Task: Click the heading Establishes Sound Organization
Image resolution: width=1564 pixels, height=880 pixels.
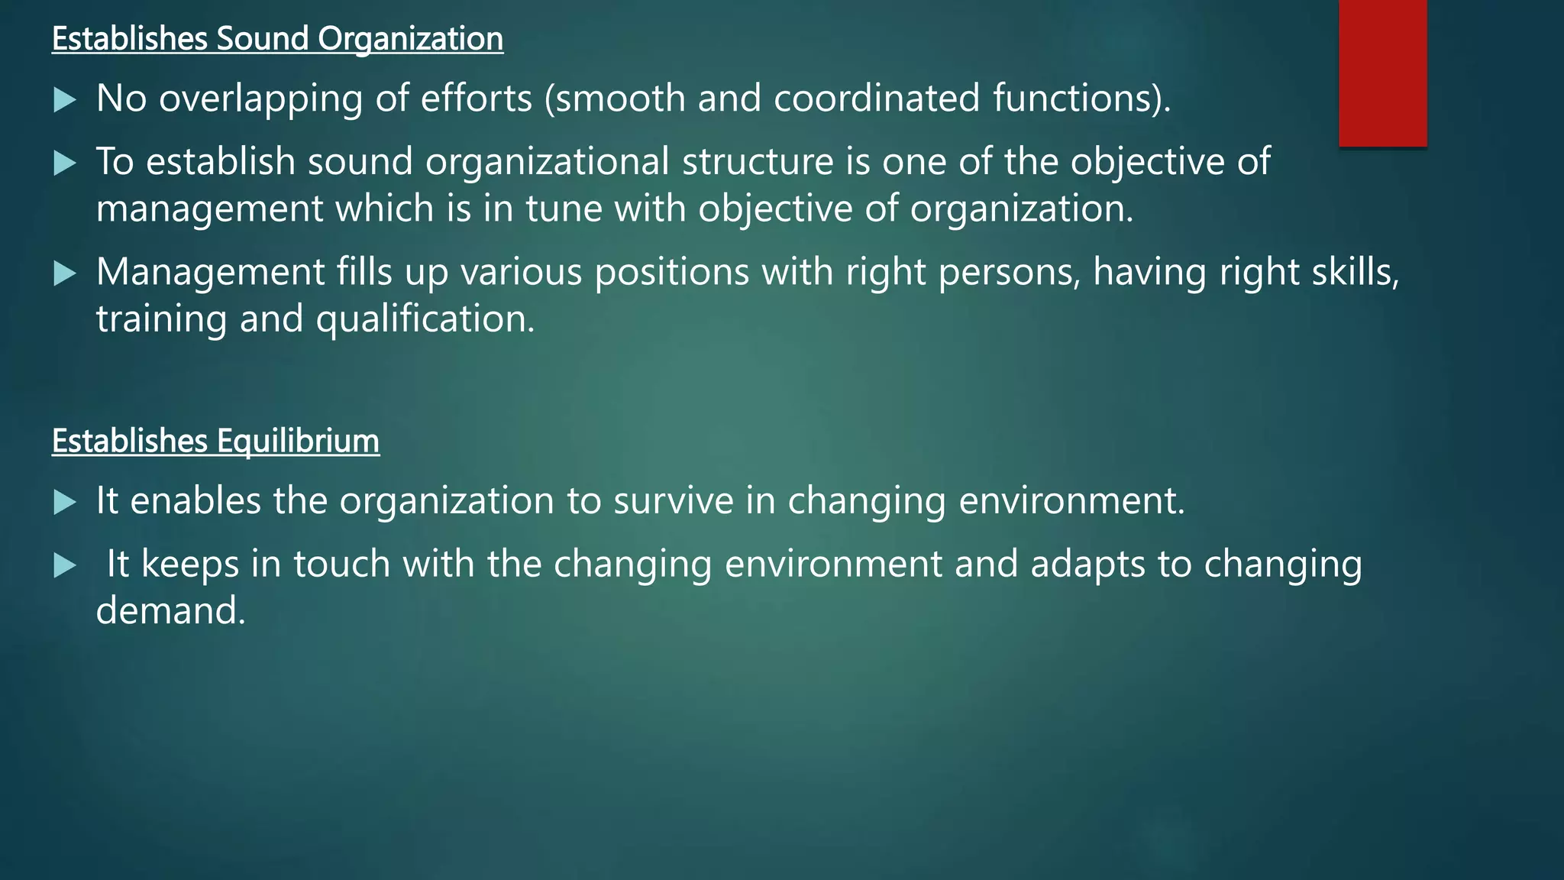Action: [x=277, y=39]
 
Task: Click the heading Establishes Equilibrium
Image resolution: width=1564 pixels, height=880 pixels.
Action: [x=215, y=442]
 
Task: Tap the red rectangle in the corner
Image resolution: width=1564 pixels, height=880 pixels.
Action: [x=1382, y=73]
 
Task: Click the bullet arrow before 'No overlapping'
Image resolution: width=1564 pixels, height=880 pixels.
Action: [x=65, y=100]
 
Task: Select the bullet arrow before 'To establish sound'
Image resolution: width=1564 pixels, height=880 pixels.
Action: [x=65, y=163]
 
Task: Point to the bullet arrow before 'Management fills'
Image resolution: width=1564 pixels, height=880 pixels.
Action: [x=65, y=273]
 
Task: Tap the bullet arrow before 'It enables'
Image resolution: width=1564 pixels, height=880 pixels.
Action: [x=65, y=502]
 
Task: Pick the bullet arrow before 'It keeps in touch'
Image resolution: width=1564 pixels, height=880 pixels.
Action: [x=65, y=565]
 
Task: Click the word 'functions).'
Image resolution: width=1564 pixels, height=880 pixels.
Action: [x=1081, y=99]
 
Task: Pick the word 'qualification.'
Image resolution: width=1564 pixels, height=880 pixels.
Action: [x=425, y=319]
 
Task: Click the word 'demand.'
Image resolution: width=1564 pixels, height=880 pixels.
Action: [x=170, y=610]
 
